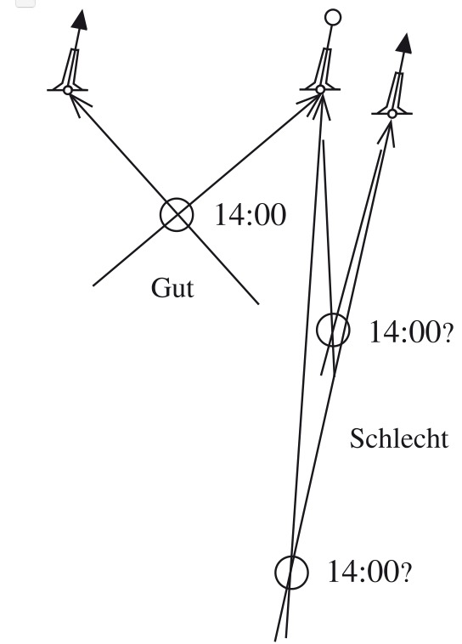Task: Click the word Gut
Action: [172, 288]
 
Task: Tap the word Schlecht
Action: [399, 438]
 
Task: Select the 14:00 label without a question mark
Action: [250, 215]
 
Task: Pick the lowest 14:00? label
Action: [369, 571]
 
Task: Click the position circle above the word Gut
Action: [161, 215]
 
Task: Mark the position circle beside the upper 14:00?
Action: [317, 330]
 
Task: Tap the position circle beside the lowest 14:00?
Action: [275, 573]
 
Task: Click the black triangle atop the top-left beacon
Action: [80, 20]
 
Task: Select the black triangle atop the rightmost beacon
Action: [404, 43]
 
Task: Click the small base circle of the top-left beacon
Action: [68, 90]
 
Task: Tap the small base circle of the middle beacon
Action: [320, 89]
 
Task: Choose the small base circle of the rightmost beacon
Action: [392, 114]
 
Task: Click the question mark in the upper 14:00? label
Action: [448, 335]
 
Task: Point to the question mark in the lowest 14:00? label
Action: [406, 573]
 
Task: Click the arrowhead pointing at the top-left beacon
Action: [78, 104]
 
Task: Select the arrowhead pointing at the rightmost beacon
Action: [388, 133]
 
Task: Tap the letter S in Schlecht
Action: [357, 438]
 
